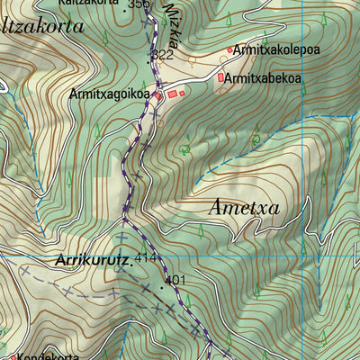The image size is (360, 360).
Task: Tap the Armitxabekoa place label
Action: [263, 79]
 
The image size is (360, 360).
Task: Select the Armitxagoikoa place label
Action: [109, 94]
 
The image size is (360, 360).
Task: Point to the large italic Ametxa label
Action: [244, 208]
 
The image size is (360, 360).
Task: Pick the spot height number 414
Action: [145, 259]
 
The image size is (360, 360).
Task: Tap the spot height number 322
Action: [162, 55]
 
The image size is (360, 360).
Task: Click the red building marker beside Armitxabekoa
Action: [220, 79]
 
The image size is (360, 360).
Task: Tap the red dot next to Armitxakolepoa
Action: [230, 49]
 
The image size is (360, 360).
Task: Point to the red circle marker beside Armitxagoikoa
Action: [157, 94]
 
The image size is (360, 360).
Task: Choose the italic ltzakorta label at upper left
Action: [42, 27]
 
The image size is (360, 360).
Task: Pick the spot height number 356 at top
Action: [139, 4]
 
